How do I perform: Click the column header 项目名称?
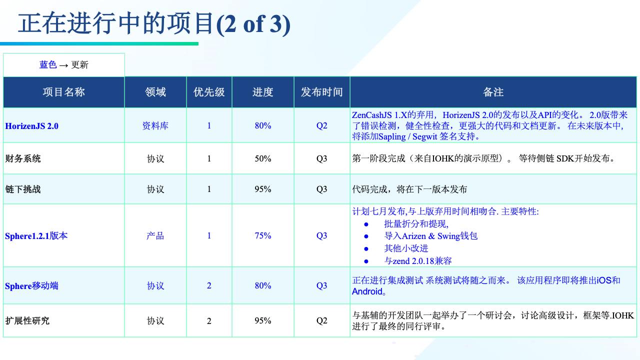coord(63,92)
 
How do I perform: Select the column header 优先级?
coord(209,92)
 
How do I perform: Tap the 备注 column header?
coord(493,92)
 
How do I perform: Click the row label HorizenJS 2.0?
coord(31,126)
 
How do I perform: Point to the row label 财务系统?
coord(23,158)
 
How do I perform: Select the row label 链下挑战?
coord(23,189)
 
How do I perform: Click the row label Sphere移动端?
coord(31,285)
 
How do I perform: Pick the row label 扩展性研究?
coord(27,321)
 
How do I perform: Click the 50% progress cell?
coord(263,158)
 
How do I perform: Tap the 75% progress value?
coord(263,235)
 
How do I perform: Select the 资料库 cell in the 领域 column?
coord(155,125)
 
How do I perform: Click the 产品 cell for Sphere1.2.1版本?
coord(155,235)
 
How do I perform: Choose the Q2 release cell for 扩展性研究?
coord(321,321)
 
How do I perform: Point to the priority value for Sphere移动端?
coord(209,285)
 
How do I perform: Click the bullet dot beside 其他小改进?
coord(366,248)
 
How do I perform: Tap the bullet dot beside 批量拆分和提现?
coord(366,224)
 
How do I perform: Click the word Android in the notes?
coord(367,291)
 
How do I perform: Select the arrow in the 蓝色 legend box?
coord(63,65)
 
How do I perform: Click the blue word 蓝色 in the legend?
coord(48,64)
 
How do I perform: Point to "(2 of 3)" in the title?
coord(253,24)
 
